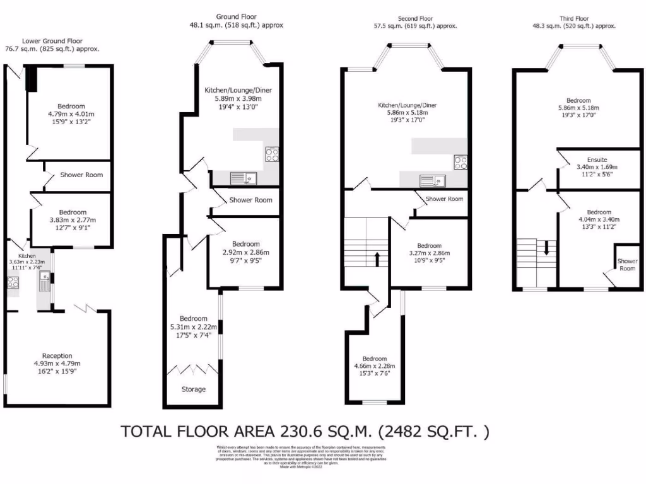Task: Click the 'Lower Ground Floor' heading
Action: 61,40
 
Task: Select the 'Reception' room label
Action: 54,355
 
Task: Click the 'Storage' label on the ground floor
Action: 193,389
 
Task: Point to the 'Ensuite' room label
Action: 589,159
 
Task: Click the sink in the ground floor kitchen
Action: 242,178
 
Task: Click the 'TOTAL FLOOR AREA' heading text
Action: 305,432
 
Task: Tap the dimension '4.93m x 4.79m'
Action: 54,364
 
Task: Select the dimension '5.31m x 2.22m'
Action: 193,327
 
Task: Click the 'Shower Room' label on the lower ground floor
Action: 81,175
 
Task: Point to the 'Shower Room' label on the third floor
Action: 627,264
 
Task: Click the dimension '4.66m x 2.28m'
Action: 375,367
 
